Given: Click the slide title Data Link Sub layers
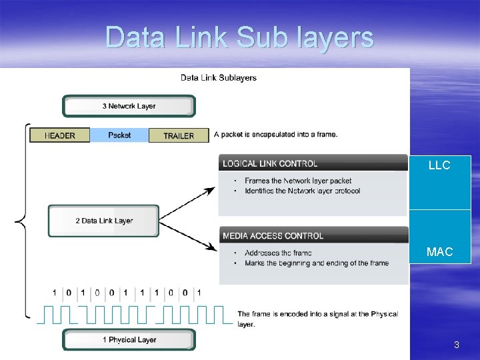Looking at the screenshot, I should tap(239, 37).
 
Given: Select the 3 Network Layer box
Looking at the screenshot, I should tap(129, 106).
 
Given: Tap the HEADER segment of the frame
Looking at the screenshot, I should tap(59, 135).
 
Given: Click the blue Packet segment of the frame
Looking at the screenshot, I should tap(119, 135).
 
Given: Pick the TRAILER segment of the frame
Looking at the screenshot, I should tap(179, 135).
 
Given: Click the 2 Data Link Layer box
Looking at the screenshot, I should tap(103, 221).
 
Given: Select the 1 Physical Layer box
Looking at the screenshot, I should tap(129, 340).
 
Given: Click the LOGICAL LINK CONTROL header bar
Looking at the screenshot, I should tap(313, 163).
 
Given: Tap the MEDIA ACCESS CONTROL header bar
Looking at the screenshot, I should tap(313, 235).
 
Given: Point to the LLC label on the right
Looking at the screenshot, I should tap(439, 166).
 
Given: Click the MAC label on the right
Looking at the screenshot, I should tap(439, 252).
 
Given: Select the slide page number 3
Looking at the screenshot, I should tap(456, 345).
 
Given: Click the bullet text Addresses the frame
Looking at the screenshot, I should tap(277, 253).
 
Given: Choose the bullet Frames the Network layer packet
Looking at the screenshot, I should tap(298, 181).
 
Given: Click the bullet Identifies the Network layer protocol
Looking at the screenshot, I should tap(302, 191).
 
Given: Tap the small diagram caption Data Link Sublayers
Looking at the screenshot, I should tap(219, 78).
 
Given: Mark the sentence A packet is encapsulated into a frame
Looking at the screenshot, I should tap(276, 135).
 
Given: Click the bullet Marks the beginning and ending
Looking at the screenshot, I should tap(316, 263).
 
